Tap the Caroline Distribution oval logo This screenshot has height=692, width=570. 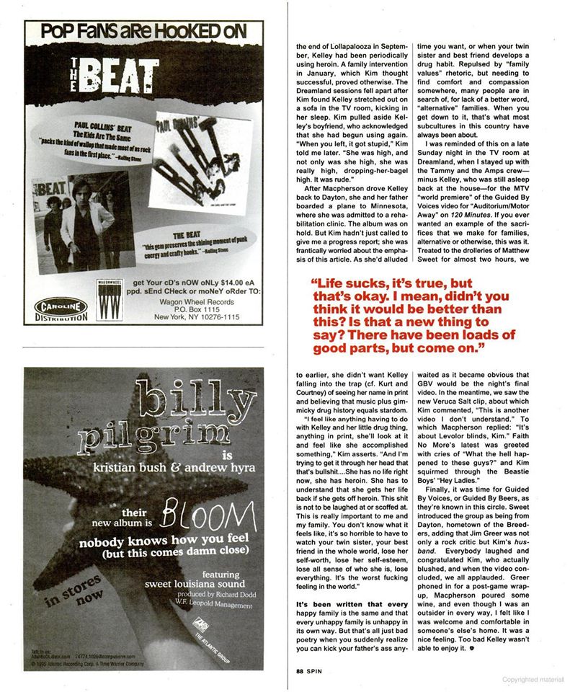[61, 309]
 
